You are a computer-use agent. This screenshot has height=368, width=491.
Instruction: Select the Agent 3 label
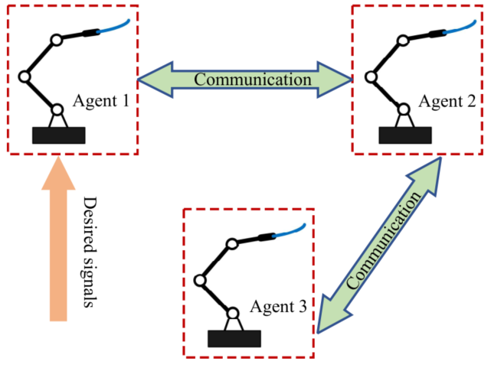[x=279, y=308]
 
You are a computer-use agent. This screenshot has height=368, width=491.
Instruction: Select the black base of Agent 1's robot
[x=59, y=135]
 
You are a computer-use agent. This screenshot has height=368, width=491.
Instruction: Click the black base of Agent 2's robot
[x=404, y=135]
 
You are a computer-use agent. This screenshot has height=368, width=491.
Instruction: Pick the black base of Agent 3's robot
[x=234, y=338]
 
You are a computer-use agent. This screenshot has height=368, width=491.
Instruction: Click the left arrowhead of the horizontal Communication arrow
[x=150, y=80]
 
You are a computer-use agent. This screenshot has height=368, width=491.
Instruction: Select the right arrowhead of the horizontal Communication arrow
[x=339, y=80]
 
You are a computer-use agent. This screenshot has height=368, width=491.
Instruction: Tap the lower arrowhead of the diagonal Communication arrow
[x=325, y=318]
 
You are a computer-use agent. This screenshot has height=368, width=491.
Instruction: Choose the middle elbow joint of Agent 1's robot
[x=24, y=77]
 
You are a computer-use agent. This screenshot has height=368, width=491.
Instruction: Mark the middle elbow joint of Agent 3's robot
[x=200, y=280]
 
